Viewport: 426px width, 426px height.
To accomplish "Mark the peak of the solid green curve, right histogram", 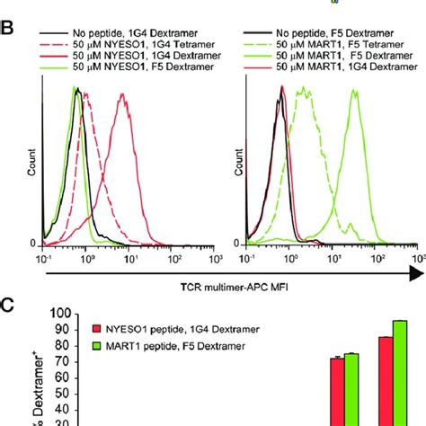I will [355, 87].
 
